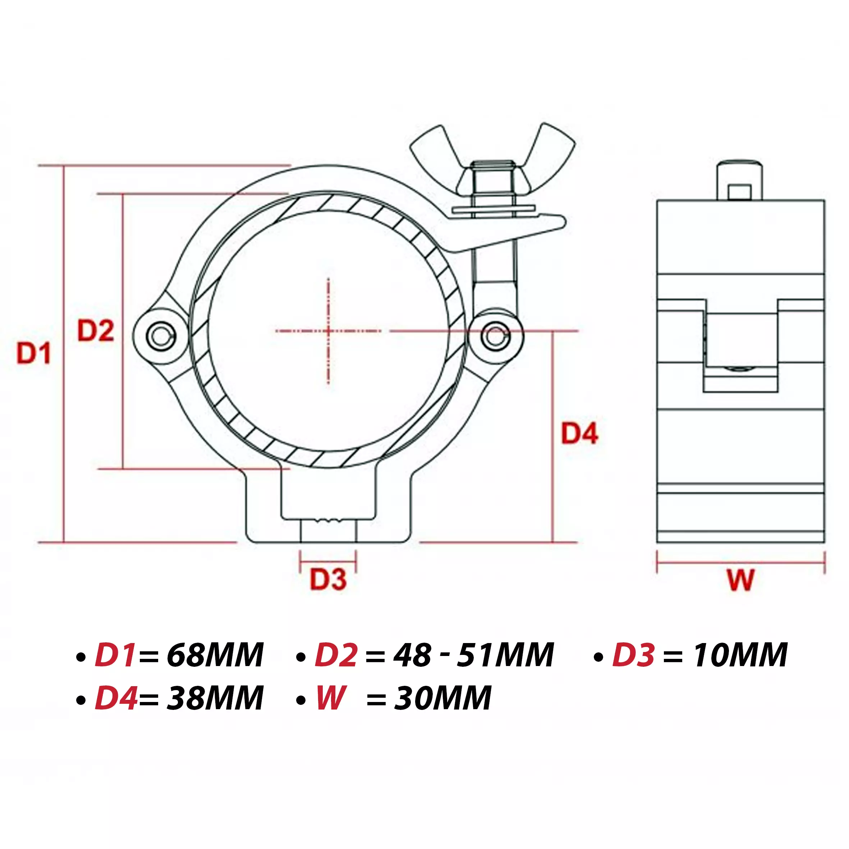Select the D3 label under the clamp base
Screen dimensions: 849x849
click(x=328, y=579)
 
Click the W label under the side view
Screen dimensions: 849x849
click(x=740, y=580)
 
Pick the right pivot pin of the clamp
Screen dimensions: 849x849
click(x=495, y=336)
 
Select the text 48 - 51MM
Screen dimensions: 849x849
click(x=473, y=655)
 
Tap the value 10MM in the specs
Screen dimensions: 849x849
click(x=740, y=655)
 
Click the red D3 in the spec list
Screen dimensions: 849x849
click(x=633, y=655)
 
